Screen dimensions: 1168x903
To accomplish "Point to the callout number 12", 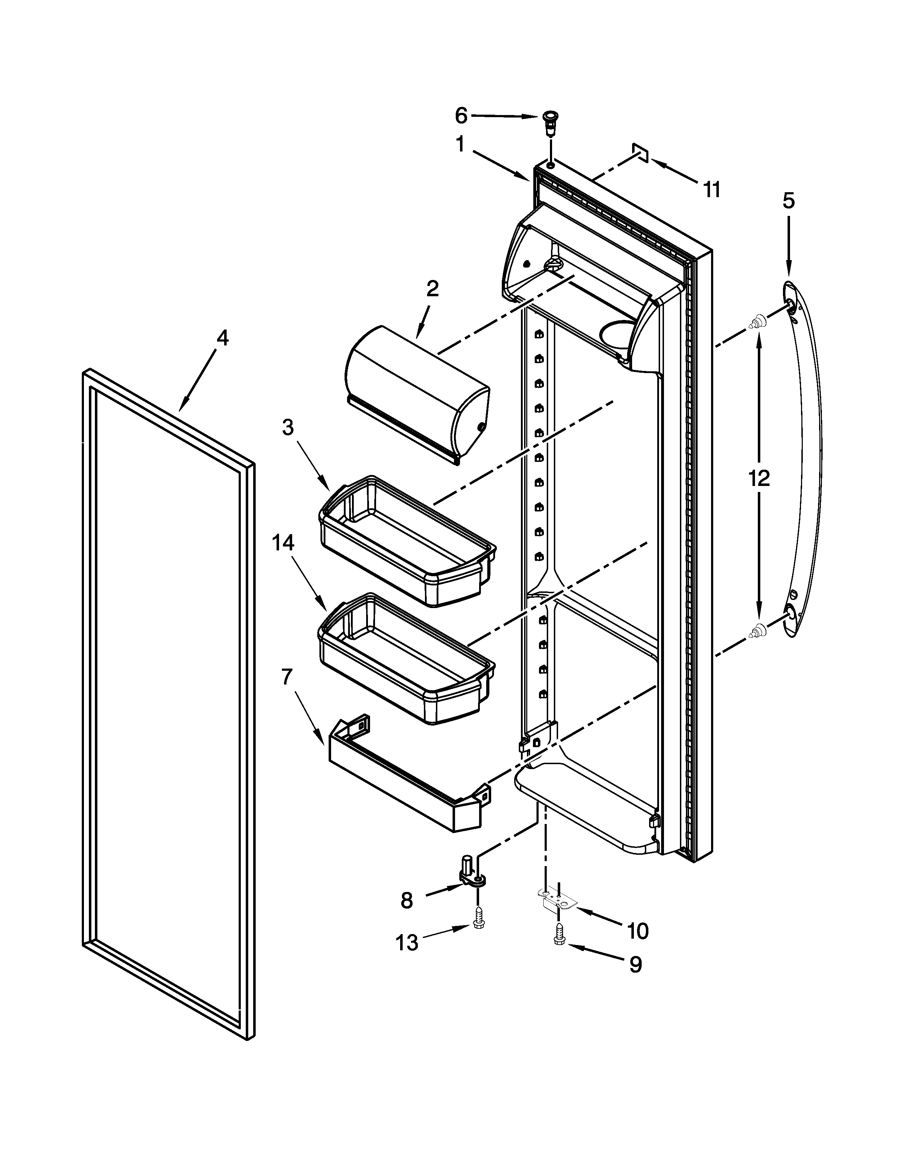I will tap(759, 477).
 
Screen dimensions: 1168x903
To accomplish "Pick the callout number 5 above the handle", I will tap(789, 201).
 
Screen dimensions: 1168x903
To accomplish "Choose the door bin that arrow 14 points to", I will tap(407, 658).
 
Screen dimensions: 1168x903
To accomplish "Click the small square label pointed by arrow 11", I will tap(640, 153).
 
